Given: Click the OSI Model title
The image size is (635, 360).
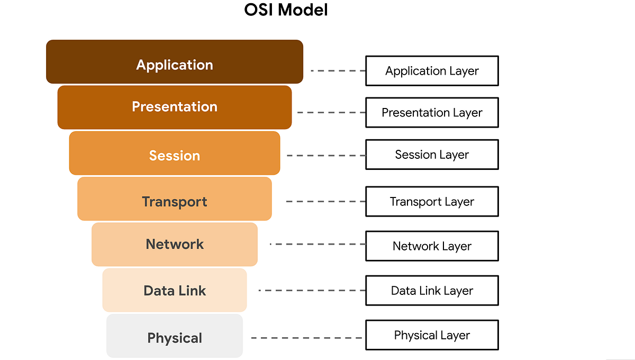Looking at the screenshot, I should pos(286,10).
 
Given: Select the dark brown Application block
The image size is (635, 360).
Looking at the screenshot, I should pos(175,62).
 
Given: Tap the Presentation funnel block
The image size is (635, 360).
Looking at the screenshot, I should pos(175,107).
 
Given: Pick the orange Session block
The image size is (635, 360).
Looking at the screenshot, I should pos(175,154).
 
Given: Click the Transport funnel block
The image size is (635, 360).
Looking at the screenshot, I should pos(175,199).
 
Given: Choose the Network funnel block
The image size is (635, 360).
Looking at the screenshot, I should pos(175,245).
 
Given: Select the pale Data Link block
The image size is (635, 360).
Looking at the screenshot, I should pos(175,290).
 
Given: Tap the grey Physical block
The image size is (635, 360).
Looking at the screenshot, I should pos(175,336).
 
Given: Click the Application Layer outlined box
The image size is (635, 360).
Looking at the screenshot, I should pos(432,71).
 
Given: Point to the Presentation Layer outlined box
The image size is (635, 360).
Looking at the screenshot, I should pos(432,113).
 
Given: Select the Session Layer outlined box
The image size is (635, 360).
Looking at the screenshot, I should pos(432,155).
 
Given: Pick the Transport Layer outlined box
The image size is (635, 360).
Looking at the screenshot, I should pos(432,202).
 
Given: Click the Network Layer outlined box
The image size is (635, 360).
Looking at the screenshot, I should pos(432,246).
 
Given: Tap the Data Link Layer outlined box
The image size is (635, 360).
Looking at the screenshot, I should pos(432,291).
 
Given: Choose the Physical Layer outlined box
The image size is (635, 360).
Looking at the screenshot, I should pos(432,335).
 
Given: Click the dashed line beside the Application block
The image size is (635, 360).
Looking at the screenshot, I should pos(338,70).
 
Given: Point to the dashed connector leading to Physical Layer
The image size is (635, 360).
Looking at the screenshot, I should pos(307,338).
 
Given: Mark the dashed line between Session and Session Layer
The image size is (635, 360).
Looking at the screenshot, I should pos(325,156).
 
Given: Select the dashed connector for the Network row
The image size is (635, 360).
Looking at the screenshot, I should pos(317,244).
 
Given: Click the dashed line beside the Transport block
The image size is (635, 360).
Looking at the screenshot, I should pos(325,202).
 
